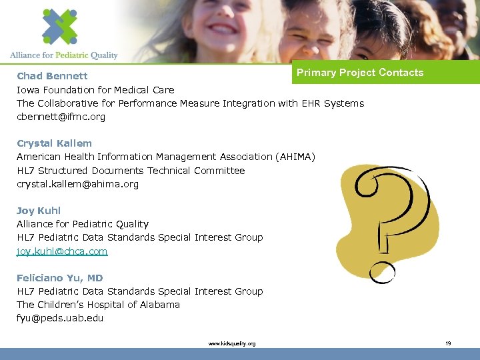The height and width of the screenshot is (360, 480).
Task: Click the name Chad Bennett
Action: point(52,76)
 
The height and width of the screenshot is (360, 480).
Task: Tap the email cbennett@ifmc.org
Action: point(61,117)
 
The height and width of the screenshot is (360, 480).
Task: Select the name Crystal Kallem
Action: point(54,143)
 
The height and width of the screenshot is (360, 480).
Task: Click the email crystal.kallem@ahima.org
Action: point(77,184)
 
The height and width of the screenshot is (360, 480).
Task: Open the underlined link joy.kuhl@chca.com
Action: point(62,251)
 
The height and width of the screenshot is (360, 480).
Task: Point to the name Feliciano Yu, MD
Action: point(60,278)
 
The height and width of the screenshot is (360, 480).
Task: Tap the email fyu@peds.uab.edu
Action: point(60,318)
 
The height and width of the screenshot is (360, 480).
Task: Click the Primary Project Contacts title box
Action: point(360,73)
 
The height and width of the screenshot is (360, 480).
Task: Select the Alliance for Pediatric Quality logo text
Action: point(64,55)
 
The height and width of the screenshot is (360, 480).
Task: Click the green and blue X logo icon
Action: point(59,26)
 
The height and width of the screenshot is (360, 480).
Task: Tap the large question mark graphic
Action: point(393,213)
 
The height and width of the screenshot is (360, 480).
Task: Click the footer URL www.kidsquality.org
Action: point(231,343)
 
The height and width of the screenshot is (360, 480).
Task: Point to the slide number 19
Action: point(448,343)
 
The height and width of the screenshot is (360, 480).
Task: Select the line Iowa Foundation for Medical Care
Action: point(95,90)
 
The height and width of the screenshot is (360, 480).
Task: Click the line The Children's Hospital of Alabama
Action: point(98,305)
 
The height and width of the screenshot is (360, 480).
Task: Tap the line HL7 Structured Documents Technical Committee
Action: point(131,171)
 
